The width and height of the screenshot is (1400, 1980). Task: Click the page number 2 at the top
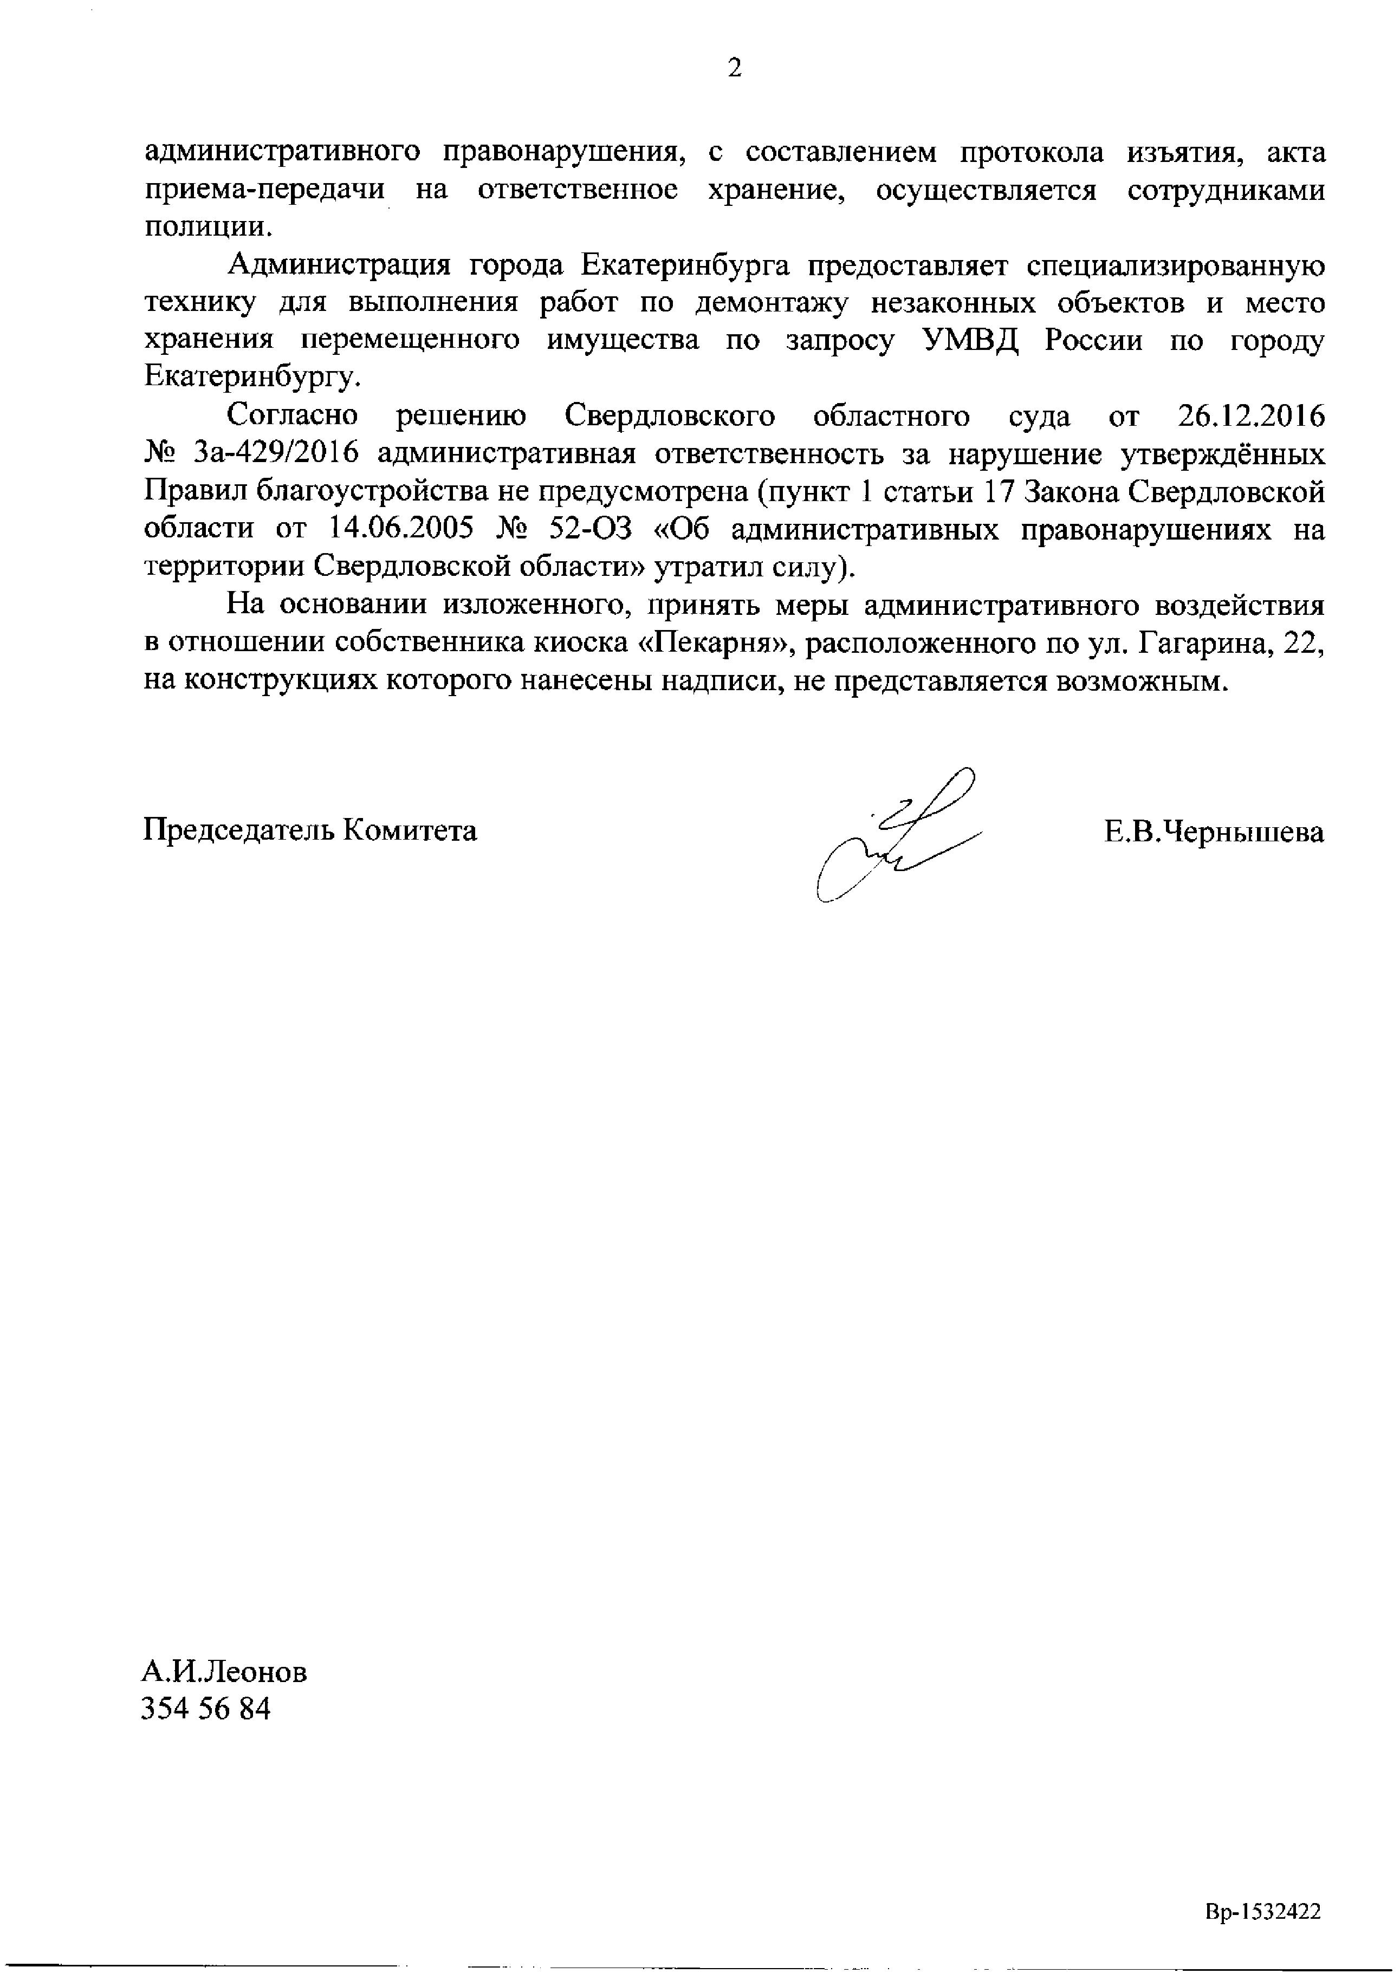(734, 68)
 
